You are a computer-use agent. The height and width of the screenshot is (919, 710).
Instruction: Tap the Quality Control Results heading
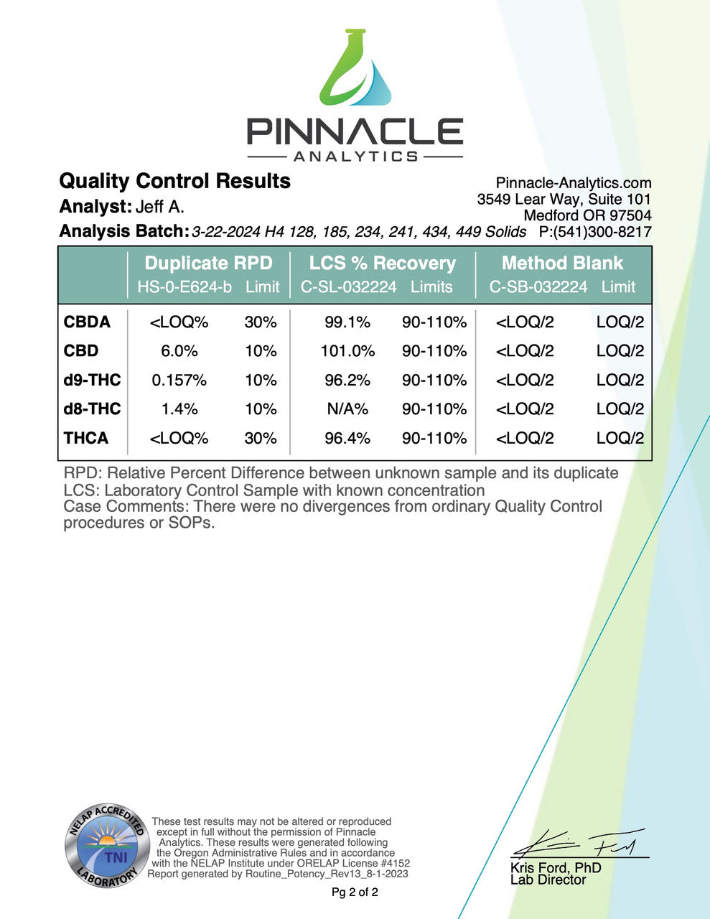(x=174, y=181)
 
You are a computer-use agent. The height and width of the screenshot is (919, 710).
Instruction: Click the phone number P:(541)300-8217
(x=595, y=232)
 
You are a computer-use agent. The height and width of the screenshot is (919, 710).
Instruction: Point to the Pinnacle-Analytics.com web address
(x=574, y=183)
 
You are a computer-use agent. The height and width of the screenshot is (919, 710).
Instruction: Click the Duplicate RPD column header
(x=208, y=263)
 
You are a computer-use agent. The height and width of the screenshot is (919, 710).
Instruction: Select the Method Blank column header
(x=562, y=263)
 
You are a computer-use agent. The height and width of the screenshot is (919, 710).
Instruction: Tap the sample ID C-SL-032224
(x=348, y=287)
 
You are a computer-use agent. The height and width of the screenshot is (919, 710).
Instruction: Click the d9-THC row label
(x=92, y=380)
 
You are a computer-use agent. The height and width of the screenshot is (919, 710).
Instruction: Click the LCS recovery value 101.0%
(x=347, y=351)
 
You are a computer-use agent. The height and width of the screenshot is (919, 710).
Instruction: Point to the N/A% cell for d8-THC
(x=347, y=409)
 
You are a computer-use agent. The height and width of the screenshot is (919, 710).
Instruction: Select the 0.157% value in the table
(x=179, y=380)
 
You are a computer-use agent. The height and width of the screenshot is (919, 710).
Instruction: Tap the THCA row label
(x=86, y=438)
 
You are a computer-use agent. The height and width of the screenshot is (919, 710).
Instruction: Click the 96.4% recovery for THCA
(x=347, y=438)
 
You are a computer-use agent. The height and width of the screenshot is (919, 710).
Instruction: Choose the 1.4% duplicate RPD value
(x=179, y=409)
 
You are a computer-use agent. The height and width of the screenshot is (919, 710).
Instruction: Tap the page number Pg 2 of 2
(x=355, y=892)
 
